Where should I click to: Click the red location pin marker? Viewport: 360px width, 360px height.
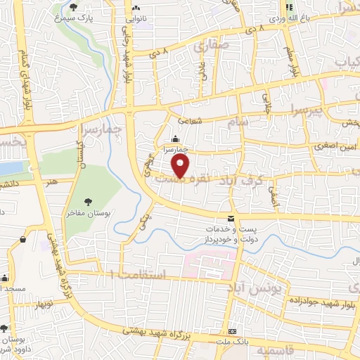coord(181,166)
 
